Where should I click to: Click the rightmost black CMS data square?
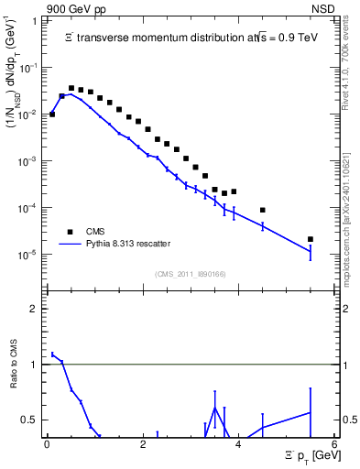pos(311,239)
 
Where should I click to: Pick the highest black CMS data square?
pos(71,88)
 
